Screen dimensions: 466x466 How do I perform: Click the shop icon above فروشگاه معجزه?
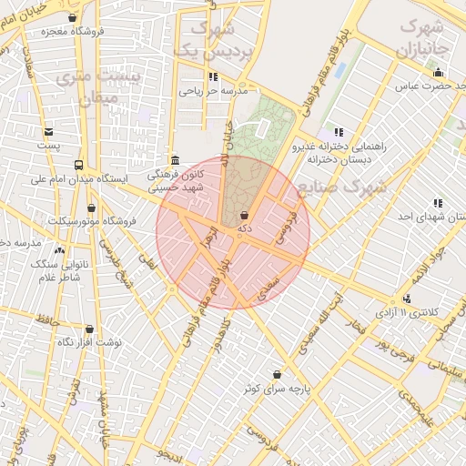tap(73, 17)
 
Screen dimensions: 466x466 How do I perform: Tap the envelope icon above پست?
tap(47, 132)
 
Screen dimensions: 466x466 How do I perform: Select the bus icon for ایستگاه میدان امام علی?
tap(78, 166)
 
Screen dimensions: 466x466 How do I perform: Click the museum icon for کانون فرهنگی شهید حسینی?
tap(174, 159)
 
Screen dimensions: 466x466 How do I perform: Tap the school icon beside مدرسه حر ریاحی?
tap(213, 77)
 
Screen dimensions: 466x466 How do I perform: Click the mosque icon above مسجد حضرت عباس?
tap(439, 73)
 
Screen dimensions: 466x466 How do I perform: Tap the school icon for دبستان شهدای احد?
tap(438, 203)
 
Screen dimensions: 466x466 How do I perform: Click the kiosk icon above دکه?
tap(243, 216)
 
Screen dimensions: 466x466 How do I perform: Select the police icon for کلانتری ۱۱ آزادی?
tap(406, 298)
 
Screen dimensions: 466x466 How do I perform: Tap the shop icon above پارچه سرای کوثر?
tap(277, 374)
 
